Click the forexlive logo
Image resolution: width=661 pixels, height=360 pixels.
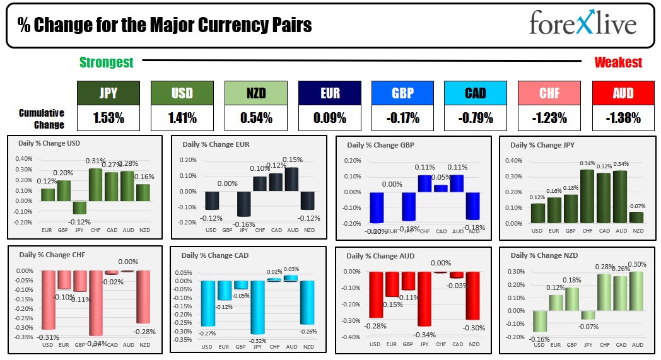[x=582, y=25]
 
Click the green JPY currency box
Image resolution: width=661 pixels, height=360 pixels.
[x=108, y=93]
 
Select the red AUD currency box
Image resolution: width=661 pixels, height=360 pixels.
[x=624, y=93]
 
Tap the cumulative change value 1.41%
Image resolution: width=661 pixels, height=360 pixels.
[x=182, y=118]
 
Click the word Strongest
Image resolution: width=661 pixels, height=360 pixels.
[x=106, y=62]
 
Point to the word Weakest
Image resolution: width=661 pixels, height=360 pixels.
[x=618, y=62]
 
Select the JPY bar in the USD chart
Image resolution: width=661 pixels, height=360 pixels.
[x=79, y=207]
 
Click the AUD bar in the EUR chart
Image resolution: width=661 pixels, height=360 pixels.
[x=293, y=180]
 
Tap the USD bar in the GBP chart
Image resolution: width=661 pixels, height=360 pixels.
[x=377, y=207]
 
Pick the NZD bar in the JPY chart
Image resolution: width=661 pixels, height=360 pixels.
[x=638, y=218]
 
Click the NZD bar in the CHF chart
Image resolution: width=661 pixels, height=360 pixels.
[x=144, y=296]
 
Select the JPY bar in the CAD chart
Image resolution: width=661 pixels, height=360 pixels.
[x=257, y=307]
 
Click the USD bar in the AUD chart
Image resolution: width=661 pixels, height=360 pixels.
[x=377, y=294]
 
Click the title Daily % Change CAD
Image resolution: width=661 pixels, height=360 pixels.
[x=214, y=255]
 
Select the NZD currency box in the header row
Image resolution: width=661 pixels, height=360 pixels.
[x=255, y=93]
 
